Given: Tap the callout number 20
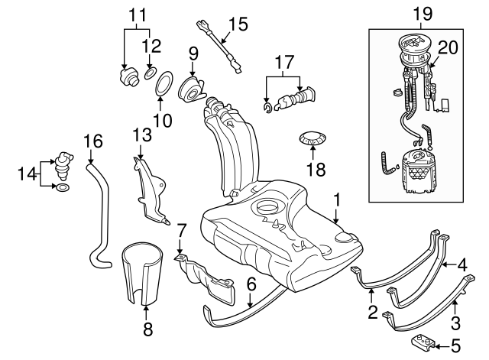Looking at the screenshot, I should pyautogui.click(x=448, y=47).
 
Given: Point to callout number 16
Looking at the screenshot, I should pyautogui.click(x=92, y=141).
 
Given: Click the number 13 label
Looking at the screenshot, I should pyautogui.click(x=142, y=135).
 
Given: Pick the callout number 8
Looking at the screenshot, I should pyautogui.click(x=147, y=329).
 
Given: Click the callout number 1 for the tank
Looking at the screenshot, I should pyautogui.click(x=335, y=202).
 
